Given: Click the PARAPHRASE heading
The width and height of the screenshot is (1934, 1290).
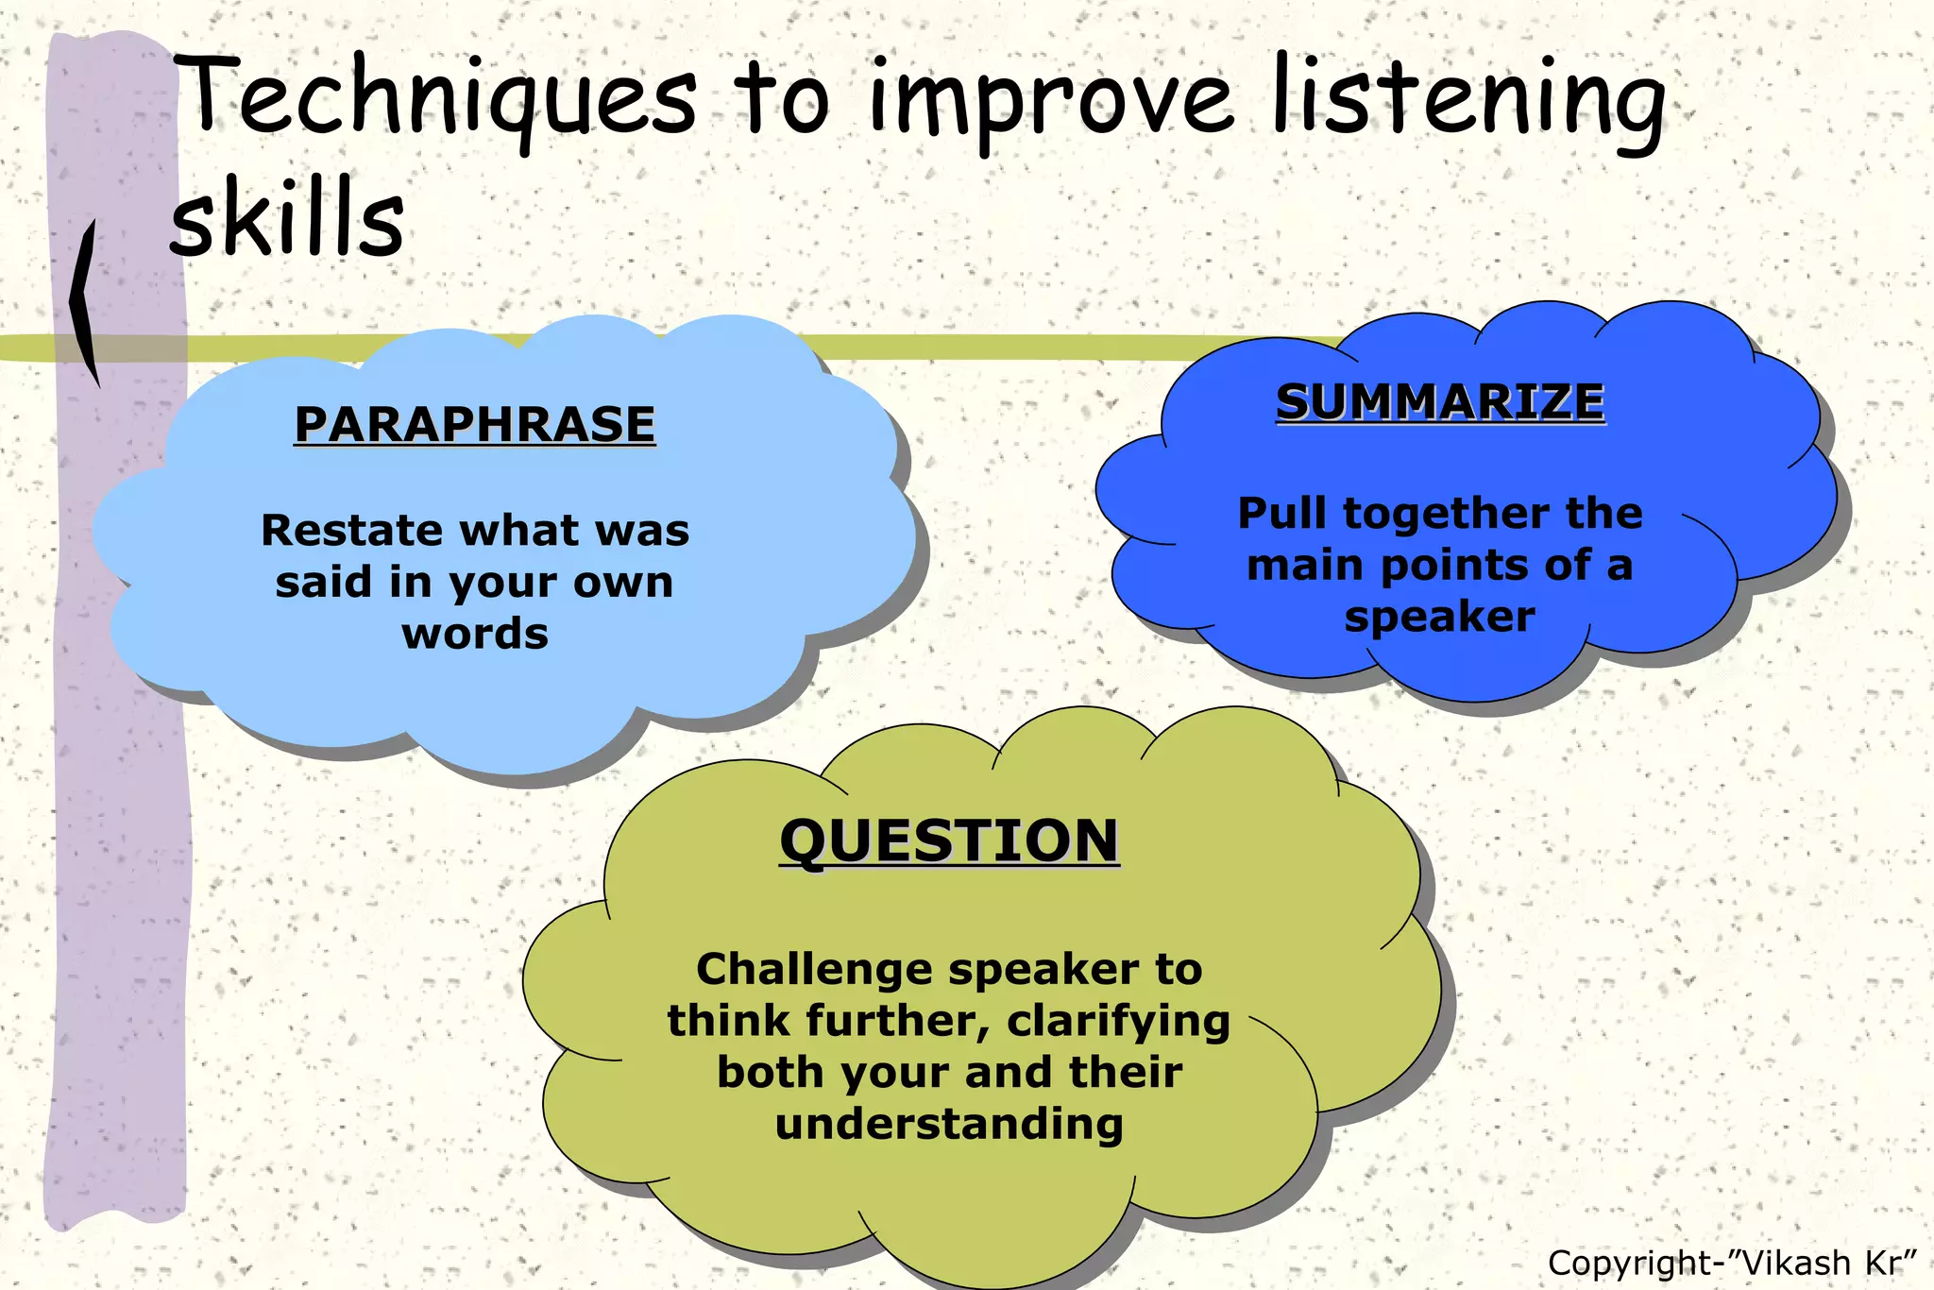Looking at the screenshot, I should point(474,424).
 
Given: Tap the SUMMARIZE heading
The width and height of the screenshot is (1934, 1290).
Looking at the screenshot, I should point(1440,402).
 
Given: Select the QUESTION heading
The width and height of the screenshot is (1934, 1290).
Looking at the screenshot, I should point(949,841).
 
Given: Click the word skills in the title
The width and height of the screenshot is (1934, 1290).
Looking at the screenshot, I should point(288,219).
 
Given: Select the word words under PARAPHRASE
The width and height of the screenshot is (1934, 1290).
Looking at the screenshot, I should point(475,634).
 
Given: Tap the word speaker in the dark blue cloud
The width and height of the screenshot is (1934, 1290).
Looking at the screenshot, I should point(1440,618).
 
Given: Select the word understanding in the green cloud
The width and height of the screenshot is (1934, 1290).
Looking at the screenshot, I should point(949,1125).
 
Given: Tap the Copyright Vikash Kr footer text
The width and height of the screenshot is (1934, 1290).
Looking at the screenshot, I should point(1732,1263).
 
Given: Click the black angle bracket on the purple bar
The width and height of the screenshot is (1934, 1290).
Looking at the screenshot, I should point(85,302).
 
